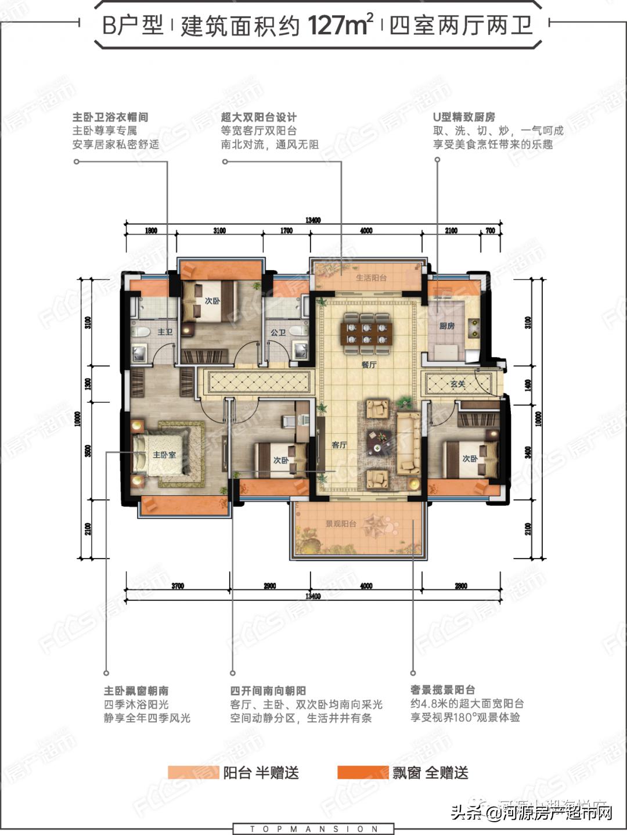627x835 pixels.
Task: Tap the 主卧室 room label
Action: point(164,455)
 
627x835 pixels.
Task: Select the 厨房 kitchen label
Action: point(446,326)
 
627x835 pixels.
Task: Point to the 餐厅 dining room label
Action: point(369,365)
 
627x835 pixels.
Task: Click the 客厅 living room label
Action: point(339,445)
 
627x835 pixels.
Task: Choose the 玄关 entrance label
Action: point(457,384)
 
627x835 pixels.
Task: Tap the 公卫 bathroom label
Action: point(278,333)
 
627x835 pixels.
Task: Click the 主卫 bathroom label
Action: point(165,332)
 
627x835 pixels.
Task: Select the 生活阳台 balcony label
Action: point(371,278)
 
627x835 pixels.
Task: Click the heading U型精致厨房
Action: point(464,117)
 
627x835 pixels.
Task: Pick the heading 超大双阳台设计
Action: point(259,117)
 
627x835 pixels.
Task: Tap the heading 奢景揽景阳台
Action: point(442,689)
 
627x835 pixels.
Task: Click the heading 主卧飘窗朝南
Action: point(136,690)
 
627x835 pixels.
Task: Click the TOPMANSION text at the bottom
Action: point(313,829)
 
